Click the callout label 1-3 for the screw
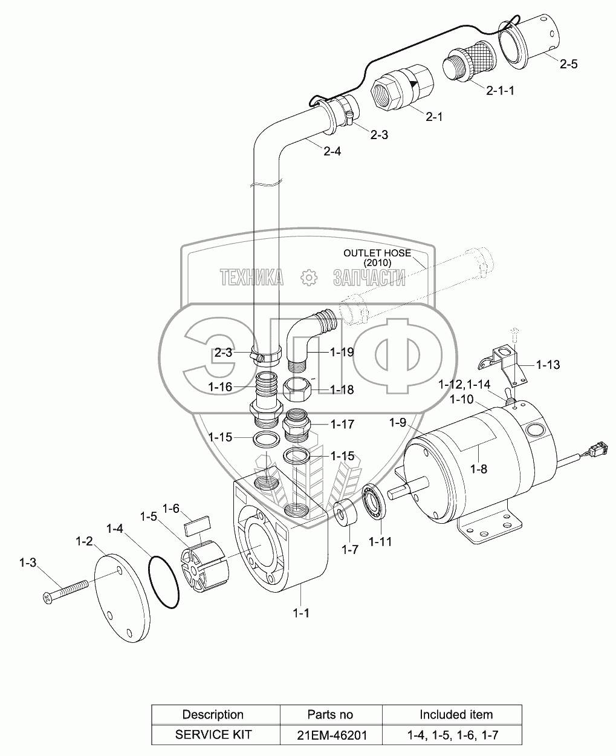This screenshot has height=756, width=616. point(27,562)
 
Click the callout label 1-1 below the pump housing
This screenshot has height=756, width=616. point(301,613)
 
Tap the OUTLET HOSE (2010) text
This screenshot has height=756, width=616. point(377,258)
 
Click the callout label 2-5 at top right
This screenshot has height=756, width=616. point(568,64)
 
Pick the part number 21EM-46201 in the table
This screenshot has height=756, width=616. point(330,735)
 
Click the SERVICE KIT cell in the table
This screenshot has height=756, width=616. point(213,735)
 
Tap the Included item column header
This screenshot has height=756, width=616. point(456,714)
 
